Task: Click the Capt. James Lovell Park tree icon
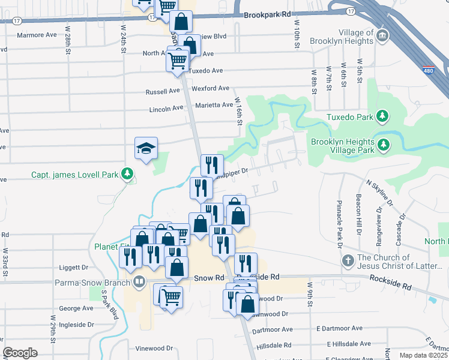pos(127,175)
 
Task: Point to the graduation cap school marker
pos(145,148)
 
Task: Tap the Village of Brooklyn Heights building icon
pos(382,37)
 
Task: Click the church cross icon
pos(348,261)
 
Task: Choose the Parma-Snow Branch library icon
pos(139,280)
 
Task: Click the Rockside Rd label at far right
pos(390,278)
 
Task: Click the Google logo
pos(20,353)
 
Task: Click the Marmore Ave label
pos(37,35)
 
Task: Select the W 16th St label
pos(238,112)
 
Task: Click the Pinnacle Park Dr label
pos(339,224)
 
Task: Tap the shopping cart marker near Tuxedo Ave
pos(178,60)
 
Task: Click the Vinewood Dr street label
pos(154,348)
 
